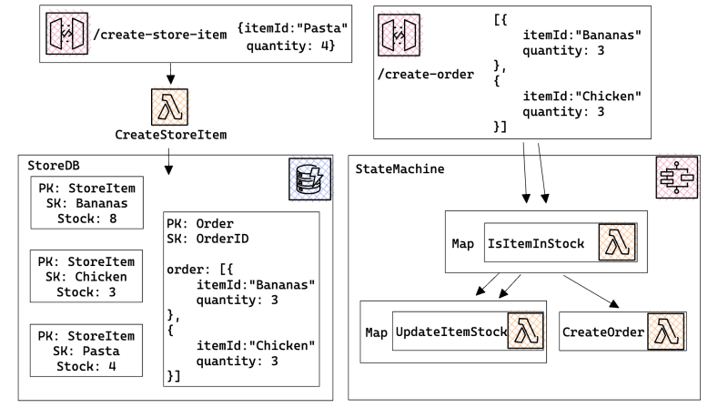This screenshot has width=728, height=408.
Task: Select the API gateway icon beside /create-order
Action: point(399,36)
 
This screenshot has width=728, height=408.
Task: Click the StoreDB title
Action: point(53,168)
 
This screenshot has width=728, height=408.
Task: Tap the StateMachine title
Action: point(399,168)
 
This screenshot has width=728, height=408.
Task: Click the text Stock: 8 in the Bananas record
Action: point(82,219)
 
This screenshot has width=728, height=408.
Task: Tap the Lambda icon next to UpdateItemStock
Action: point(524,331)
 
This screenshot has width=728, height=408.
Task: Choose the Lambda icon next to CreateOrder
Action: point(665,331)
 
